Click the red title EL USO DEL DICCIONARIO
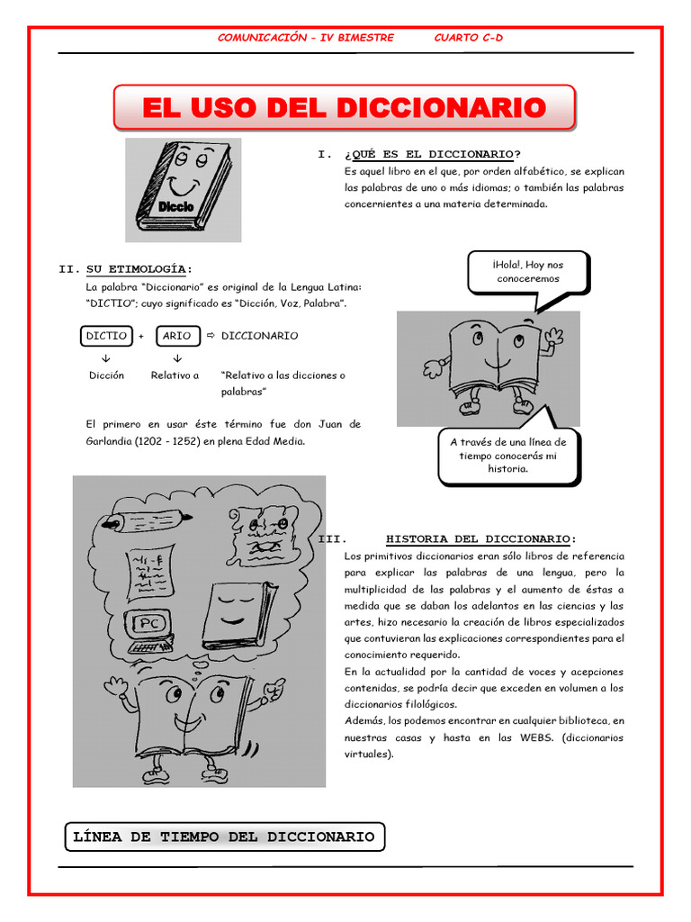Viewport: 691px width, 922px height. click(344, 108)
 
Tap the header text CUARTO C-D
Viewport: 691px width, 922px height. click(468, 37)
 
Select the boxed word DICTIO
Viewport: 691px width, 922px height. click(105, 336)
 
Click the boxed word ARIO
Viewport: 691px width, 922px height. click(176, 336)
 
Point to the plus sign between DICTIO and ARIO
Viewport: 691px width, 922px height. click(141, 337)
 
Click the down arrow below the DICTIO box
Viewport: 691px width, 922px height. click(105, 357)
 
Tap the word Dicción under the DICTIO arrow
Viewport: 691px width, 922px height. click(106, 375)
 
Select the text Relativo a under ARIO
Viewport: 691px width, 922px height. click(175, 375)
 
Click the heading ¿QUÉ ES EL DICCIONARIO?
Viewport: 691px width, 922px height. click(433, 155)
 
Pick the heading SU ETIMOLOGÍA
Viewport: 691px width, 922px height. click(139, 269)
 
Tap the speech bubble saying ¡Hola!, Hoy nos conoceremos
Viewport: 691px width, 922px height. click(527, 272)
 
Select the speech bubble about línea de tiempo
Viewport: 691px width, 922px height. click(508, 456)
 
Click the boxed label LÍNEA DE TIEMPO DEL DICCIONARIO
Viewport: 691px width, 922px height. click(223, 836)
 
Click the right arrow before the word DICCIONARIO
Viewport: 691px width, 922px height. click(211, 336)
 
